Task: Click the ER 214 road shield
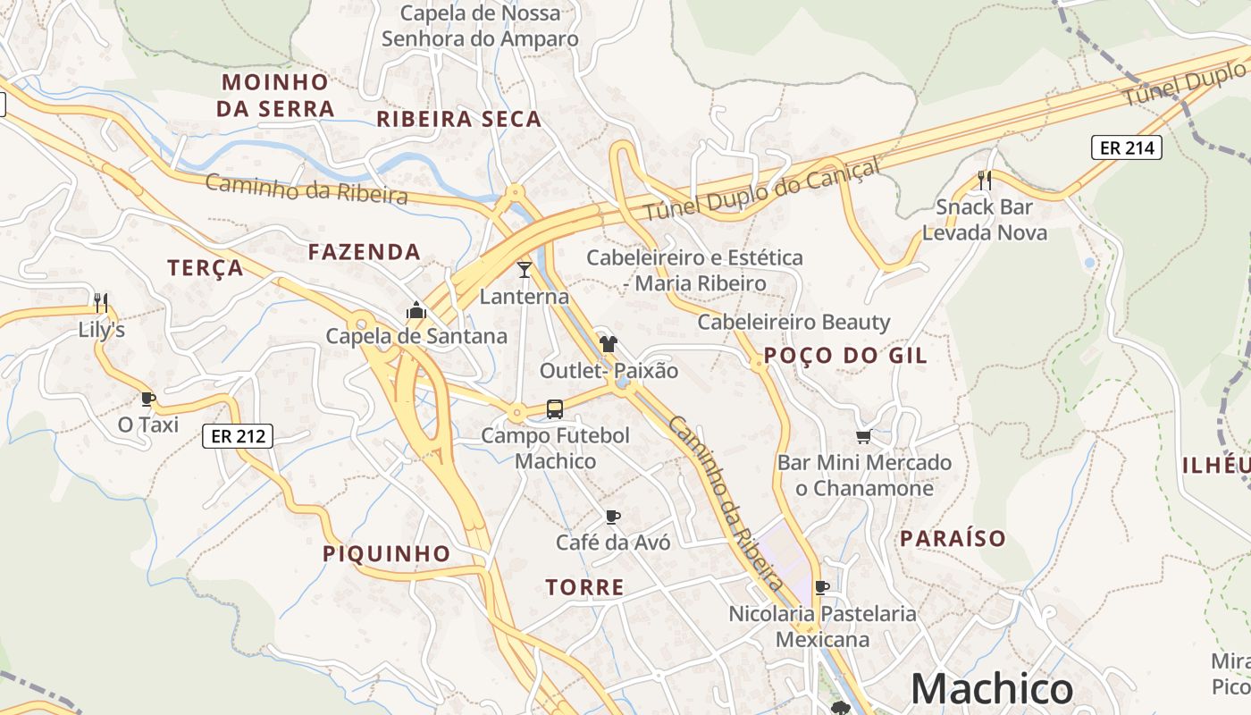(1127, 147)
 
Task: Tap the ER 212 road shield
(237, 436)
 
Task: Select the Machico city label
(991, 689)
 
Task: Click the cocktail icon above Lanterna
(525, 269)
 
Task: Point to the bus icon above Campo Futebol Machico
(555, 409)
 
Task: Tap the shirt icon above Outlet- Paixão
(609, 343)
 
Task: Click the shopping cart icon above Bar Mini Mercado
(863, 437)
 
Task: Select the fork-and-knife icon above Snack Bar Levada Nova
(985, 181)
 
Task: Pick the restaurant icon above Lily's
(101, 302)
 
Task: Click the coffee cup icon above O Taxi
(148, 399)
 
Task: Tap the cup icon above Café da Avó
(613, 517)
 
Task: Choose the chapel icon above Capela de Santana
(416, 310)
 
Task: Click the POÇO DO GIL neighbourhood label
(846, 356)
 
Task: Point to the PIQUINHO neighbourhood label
(386, 553)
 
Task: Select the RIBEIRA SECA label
(458, 119)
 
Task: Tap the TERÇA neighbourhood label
(206, 267)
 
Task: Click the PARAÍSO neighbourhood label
(953, 538)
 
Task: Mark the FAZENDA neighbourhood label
(365, 252)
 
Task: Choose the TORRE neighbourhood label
(585, 587)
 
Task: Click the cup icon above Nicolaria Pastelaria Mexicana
(822, 587)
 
